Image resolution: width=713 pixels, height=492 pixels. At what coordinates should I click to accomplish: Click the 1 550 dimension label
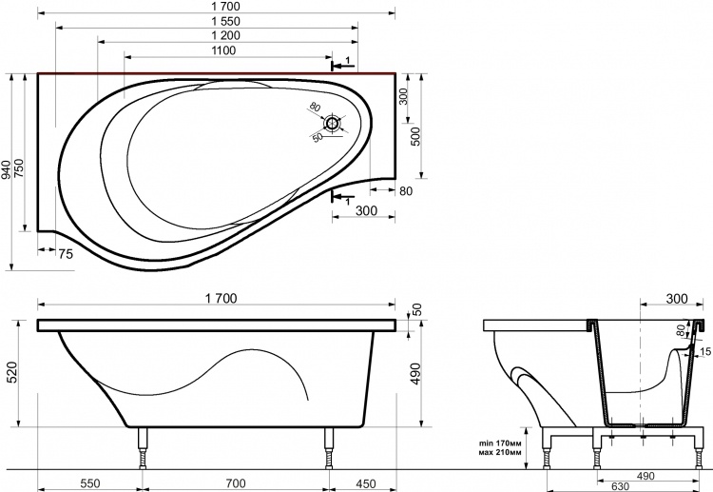click(x=225, y=21)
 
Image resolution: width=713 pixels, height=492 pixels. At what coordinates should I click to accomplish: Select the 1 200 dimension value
click(x=225, y=35)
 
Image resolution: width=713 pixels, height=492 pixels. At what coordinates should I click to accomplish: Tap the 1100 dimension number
click(x=223, y=50)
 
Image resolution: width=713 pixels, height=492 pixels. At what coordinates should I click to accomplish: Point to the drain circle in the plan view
click(x=333, y=124)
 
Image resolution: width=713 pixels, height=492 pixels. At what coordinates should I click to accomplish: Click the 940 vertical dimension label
click(x=6, y=169)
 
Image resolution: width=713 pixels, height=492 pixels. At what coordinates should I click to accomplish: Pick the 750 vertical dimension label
click(x=19, y=167)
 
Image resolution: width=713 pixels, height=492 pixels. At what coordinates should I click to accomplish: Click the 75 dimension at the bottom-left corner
click(x=66, y=254)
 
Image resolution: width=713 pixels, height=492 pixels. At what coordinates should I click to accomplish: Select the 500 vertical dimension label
click(x=415, y=136)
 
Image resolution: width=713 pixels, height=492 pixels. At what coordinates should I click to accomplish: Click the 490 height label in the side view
click(x=415, y=373)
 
